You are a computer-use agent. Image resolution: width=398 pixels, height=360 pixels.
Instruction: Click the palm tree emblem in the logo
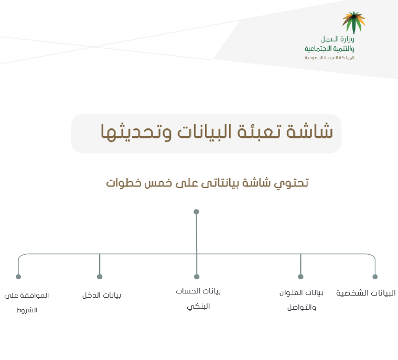click(353, 23)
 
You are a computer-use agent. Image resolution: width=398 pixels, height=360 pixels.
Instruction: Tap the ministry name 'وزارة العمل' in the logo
click(337, 39)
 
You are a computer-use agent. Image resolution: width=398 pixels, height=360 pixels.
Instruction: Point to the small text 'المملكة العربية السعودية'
click(329, 58)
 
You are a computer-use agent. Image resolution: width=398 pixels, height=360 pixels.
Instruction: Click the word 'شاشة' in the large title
click(310, 132)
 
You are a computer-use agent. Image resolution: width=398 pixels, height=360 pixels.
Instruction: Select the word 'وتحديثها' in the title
click(136, 132)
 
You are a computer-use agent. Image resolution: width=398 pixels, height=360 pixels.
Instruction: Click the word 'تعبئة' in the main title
click(259, 132)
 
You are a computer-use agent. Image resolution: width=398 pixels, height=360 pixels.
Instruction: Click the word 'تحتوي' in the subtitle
click(291, 183)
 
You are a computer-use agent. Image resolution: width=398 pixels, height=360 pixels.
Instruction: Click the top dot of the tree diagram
click(196, 212)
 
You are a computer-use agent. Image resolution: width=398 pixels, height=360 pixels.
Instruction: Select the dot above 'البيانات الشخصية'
click(375, 277)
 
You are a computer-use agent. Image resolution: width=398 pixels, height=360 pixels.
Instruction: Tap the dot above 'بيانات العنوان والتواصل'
click(300, 277)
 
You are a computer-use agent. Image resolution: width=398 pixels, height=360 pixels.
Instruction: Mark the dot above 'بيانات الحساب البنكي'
click(197, 277)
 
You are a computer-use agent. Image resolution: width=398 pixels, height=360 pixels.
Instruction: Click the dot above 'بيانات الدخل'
click(100, 277)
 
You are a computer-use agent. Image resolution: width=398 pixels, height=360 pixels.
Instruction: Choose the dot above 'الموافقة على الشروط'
click(18, 277)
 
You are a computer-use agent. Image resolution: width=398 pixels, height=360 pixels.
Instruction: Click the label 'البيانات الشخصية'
click(366, 293)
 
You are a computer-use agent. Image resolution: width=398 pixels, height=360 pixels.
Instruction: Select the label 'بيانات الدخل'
click(102, 296)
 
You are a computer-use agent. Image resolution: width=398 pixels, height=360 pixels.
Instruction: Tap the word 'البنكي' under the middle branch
click(198, 307)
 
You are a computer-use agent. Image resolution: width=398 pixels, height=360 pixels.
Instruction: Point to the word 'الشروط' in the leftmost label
click(27, 310)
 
